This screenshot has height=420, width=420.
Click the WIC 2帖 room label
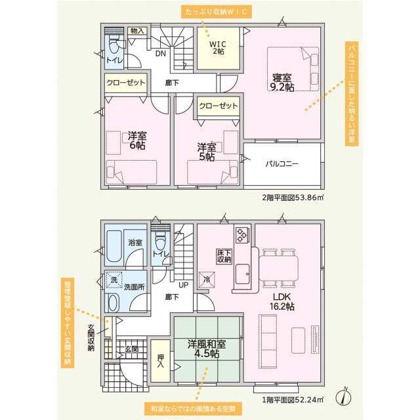click(217, 48)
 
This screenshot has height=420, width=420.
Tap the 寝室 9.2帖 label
click(282, 83)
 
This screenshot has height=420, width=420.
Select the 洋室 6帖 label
click(137, 140)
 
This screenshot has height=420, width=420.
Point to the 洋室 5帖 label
click(207, 152)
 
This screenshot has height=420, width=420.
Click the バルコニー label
click(282, 163)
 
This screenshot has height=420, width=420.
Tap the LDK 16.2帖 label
click(282, 302)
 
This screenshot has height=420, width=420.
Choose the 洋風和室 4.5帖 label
click(207, 348)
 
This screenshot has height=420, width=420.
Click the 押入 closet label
click(160, 360)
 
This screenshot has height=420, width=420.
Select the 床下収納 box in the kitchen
click(224, 256)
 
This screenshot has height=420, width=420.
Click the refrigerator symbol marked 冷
click(207, 280)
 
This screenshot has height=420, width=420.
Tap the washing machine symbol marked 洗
click(114, 280)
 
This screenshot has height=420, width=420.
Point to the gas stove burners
click(242, 234)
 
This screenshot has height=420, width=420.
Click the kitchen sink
click(242, 274)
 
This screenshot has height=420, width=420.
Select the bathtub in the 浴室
click(114, 246)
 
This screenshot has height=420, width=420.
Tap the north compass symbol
click(344, 396)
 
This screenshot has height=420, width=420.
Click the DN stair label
click(161, 54)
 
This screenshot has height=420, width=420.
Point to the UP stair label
click(184, 285)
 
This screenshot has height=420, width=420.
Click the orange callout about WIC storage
click(217, 12)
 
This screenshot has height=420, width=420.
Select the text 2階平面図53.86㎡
click(293, 198)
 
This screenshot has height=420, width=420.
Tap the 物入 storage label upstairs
click(137, 31)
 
